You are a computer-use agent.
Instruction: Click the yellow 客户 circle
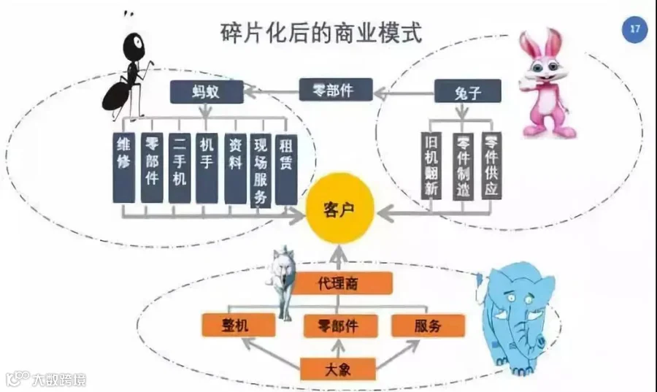tap(339, 209)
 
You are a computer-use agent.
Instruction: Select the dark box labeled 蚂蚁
tap(207, 92)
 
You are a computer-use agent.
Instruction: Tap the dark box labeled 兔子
tap(467, 91)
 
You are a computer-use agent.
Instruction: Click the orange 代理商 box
tap(342, 283)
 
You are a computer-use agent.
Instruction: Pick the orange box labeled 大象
tap(338, 369)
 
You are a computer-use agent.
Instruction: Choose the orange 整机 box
tap(239, 325)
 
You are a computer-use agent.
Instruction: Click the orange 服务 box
tap(428, 326)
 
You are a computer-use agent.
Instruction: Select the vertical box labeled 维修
tap(124, 167)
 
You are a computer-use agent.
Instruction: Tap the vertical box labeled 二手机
tap(180, 168)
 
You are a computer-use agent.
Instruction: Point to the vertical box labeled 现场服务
tap(261, 171)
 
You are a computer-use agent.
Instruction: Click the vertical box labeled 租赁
tap(286, 169)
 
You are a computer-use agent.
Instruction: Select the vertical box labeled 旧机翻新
tap(431, 166)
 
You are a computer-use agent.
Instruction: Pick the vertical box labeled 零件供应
tap(491, 166)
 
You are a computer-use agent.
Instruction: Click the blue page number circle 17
tap(634, 29)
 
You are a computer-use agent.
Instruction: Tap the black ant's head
tap(134, 45)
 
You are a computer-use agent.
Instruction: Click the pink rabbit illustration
tap(545, 84)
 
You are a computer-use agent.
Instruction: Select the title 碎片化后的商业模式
tap(321, 33)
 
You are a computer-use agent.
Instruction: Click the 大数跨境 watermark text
tap(59, 380)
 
